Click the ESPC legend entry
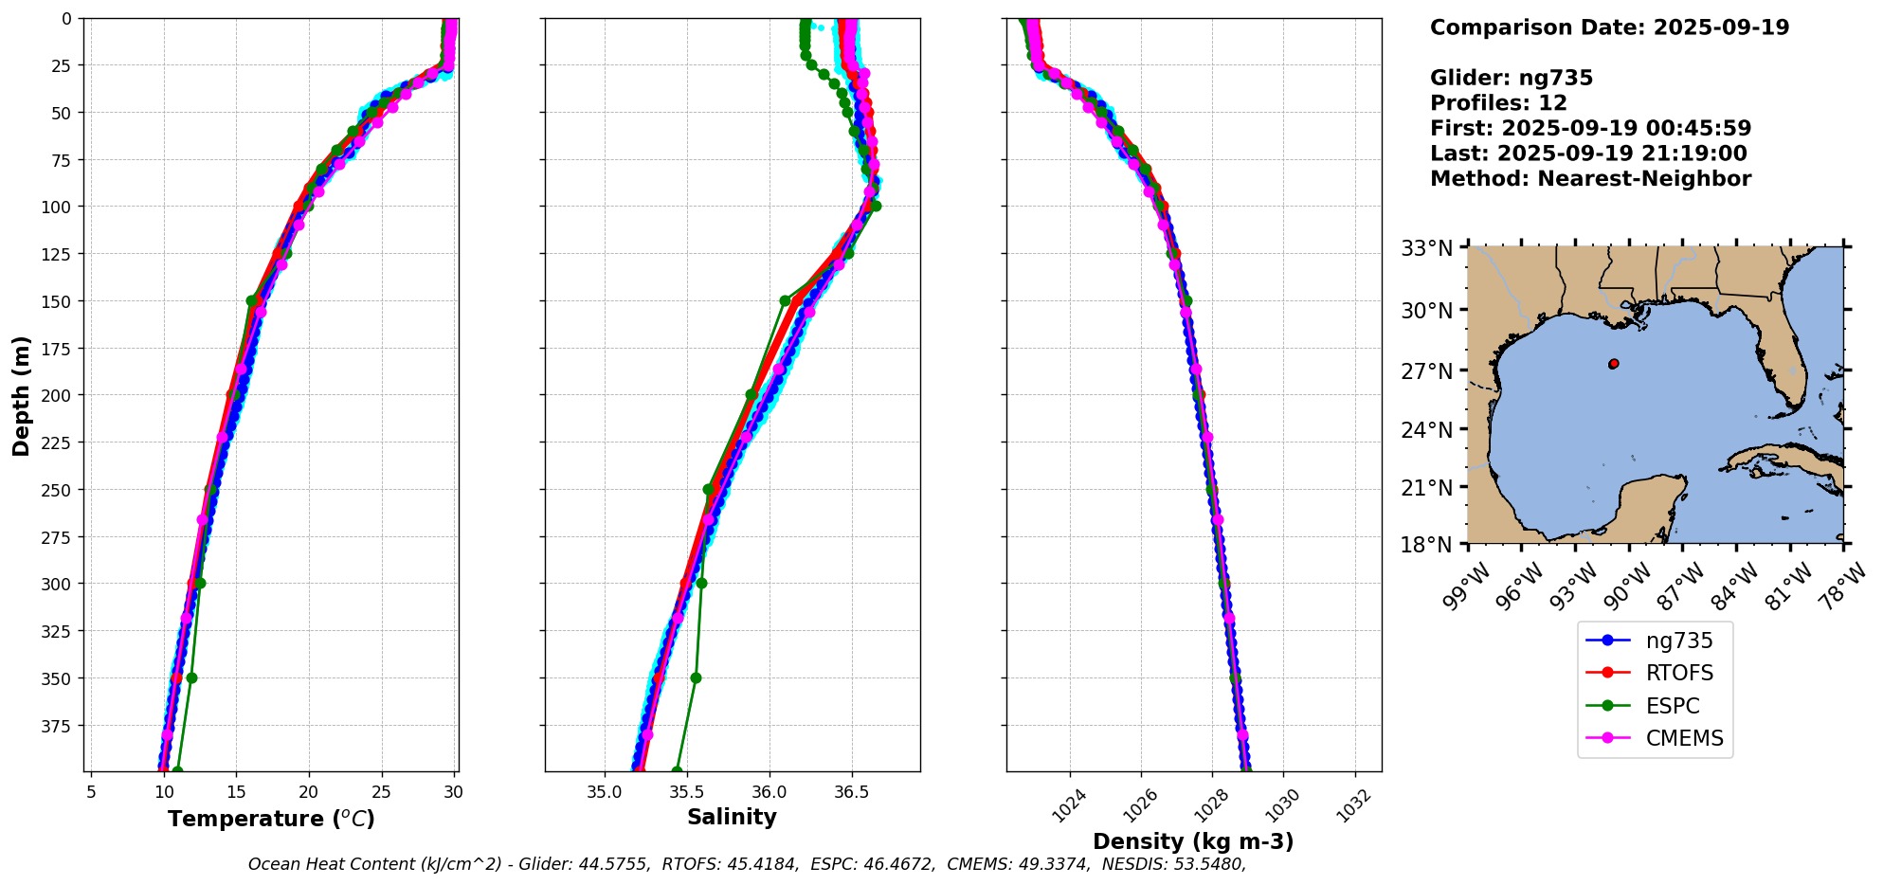(x=1672, y=706)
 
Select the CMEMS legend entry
(x=1684, y=738)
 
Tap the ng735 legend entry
(x=1678, y=641)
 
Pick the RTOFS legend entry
(x=1679, y=673)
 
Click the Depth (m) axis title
(x=21, y=395)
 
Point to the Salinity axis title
(x=732, y=817)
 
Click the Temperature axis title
(x=271, y=819)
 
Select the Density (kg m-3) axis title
(x=1193, y=841)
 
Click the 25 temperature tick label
(x=381, y=791)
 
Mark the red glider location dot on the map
(x=1613, y=364)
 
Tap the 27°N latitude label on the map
(x=1426, y=370)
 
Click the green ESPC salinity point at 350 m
(x=696, y=678)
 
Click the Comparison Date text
(x=1609, y=27)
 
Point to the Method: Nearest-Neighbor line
(x=1590, y=179)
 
